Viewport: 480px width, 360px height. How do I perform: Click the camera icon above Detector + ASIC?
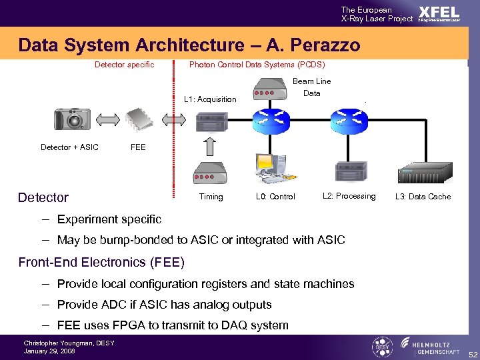tap(71, 120)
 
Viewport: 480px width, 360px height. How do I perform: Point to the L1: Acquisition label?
tap(210, 99)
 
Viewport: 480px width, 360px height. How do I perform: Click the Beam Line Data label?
tap(311, 87)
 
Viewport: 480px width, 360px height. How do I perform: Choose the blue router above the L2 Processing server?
tap(350, 120)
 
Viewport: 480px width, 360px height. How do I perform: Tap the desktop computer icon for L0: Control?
tap(273, 170)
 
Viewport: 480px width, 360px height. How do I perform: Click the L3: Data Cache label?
tap(423, 197)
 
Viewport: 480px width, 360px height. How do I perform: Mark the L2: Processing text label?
tap(349, 196)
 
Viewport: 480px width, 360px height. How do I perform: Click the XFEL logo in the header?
tap(438, 14)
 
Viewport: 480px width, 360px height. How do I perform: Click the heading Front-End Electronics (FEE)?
tap(101, 262)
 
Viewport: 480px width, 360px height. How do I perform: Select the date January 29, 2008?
tap(49, 351)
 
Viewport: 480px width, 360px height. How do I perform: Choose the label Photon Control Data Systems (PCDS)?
tap(257, 65)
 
